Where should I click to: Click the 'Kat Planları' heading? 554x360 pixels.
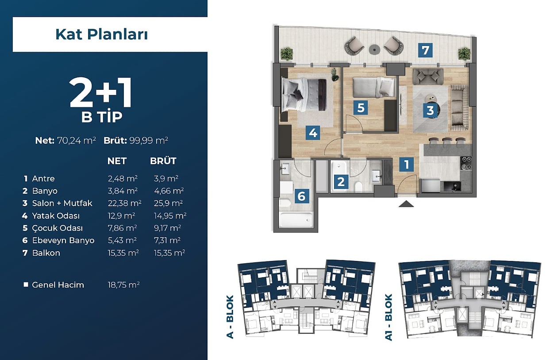coord(102,34)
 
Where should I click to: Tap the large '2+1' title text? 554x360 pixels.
coord(100,92)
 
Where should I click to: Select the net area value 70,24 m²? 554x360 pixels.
coord(77,141)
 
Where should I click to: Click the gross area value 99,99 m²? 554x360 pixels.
coord(149,141)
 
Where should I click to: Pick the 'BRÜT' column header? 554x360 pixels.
coord(163,161)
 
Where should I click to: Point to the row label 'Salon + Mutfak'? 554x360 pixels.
coord(62,203)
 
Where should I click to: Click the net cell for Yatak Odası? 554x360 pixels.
coord(121,216)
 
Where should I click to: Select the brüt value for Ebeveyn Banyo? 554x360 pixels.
coord(167,240)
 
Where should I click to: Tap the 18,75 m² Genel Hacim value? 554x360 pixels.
coord(123,285)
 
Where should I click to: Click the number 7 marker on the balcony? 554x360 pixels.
coord(425,50)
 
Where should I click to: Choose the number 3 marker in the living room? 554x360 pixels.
coord(430,110)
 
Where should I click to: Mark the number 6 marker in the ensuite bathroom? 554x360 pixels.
coord(301,196)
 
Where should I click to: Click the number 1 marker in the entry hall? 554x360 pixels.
coord(406,165)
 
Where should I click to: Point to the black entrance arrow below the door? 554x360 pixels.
coord(406,204)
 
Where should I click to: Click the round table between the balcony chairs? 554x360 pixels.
coord(374,50)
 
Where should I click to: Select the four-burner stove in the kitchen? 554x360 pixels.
coord(466,164)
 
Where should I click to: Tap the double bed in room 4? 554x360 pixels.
coord(304,95)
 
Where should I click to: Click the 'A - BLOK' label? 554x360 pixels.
coord(230,317)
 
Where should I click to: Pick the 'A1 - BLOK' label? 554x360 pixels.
coord(389,317)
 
